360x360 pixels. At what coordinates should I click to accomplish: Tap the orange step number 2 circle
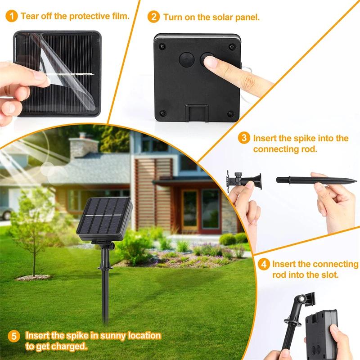[153, 18]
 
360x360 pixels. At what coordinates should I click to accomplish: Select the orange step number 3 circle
[244, 138]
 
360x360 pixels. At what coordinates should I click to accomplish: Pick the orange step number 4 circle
[264, 264]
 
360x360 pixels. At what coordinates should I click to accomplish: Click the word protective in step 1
[91, 17]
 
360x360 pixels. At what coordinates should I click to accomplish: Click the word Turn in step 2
[173, 18]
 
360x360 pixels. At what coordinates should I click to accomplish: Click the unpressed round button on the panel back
[186, 59]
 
